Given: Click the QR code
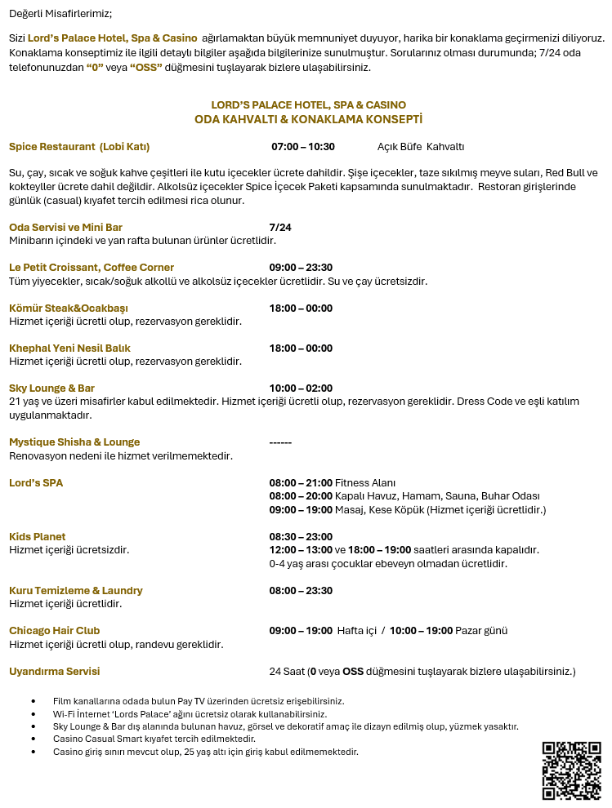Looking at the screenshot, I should point(571,770).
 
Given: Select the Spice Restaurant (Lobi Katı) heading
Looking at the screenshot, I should point(79,147).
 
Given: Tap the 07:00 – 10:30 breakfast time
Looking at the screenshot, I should point(303,147).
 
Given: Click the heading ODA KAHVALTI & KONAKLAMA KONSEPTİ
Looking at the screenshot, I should point(308,119).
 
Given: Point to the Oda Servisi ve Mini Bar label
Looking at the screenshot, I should point(65,228).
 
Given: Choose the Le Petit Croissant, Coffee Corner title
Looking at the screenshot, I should point(92,268).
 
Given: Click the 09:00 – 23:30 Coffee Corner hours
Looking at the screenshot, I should point(301,268).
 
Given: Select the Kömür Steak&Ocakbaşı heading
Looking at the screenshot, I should point(69,309).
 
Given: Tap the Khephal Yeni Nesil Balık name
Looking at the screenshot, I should point(69,349).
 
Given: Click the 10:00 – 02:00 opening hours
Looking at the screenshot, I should point(301,388).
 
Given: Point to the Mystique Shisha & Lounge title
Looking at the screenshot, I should point(74,442).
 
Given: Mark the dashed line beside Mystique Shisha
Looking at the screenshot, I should point(280,442).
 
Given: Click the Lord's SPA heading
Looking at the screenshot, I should point(36,483).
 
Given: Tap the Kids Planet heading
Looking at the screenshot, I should point(38,537).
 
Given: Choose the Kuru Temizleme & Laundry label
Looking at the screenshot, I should point(76,590).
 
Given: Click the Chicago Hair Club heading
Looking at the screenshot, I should point(54,631).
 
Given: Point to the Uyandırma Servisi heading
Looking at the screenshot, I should point(54,672).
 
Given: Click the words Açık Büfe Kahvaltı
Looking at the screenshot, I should point(420,147).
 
